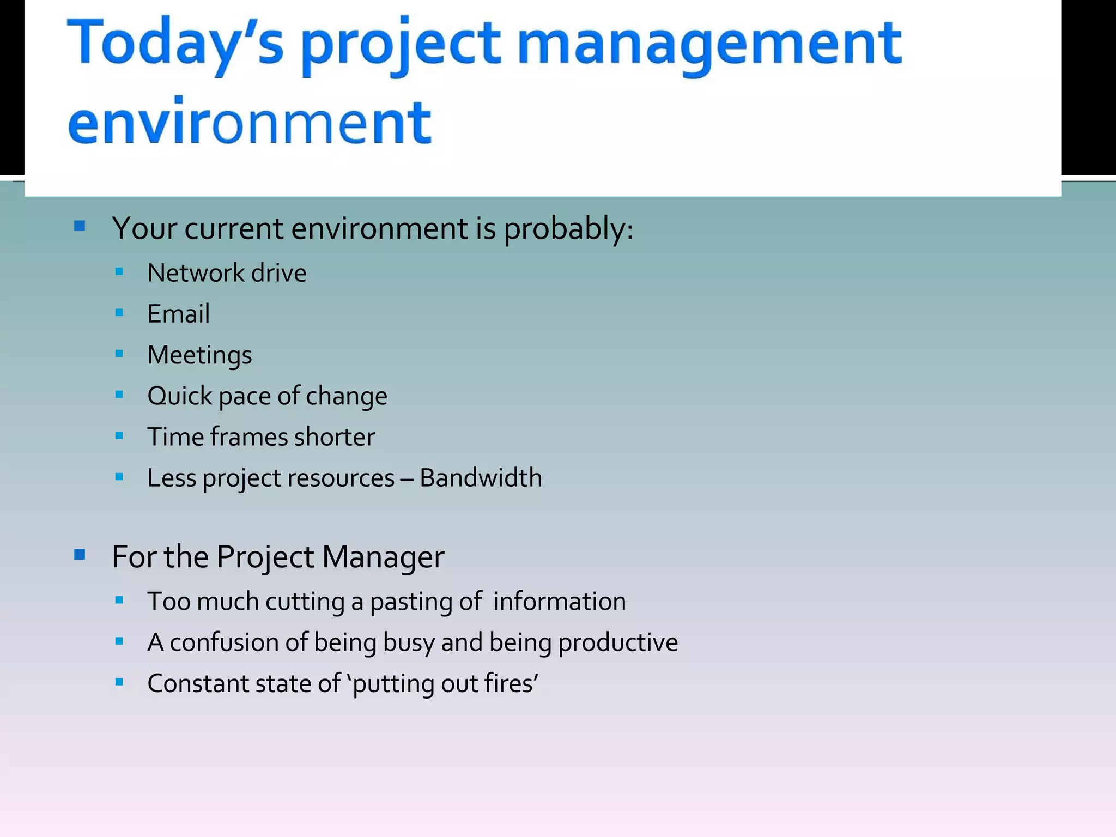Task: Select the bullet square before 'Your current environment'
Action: pyautogui.click(x=80, y=226)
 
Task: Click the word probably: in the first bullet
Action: pyautogui.click(x=568, y=229)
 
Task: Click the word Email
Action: pyautogui.click(x=178, y=314)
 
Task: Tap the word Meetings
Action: pyautogui.click(x=199, y=355)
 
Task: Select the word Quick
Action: pyautogui.click(x=179, y=396)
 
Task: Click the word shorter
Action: pyautogui.click(x=334, y=437)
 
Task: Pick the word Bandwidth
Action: pyautogui.click(x=481, y=478)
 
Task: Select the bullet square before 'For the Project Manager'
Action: pyautogui.click(x=80, y=555)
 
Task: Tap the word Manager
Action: pyautogui.click(x=383, y=557)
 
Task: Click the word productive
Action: pyautogui.click(x=618, y=643)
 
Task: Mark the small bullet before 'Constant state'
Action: pyautogui.click(x=119, y=682)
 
